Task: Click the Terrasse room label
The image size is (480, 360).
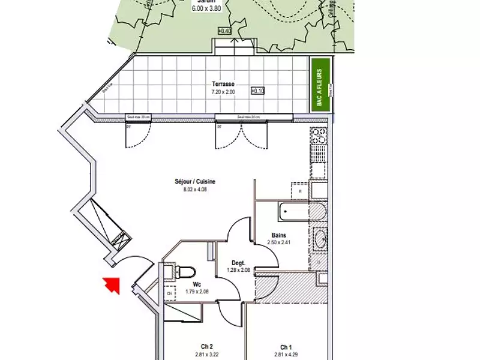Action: pyautogui.click(x=223, y=85)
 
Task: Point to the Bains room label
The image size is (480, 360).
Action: pyautogui.click(x=278, y=235)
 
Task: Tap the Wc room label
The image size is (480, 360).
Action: pyautogui.click(x=196, y=286)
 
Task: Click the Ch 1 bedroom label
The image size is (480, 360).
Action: pyautogui.click(x=286, y=347)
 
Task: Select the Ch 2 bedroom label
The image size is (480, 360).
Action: pyautogui.click(x=207, y=346)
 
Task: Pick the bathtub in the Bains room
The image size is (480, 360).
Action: pyautogui.click(x=290, y=211)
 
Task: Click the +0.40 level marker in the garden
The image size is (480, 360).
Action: pyautogui.click(x=224, y=31)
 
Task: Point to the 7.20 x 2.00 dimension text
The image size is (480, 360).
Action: pyautogui.click(x=223, y=92)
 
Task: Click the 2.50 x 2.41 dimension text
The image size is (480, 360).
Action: pyautogui.click(x=278, y=243)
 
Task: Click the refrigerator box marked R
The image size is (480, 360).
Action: pyautogui.click(x=300, y=191)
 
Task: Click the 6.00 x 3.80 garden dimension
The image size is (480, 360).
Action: pyautogui.click(x=206, y=8)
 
